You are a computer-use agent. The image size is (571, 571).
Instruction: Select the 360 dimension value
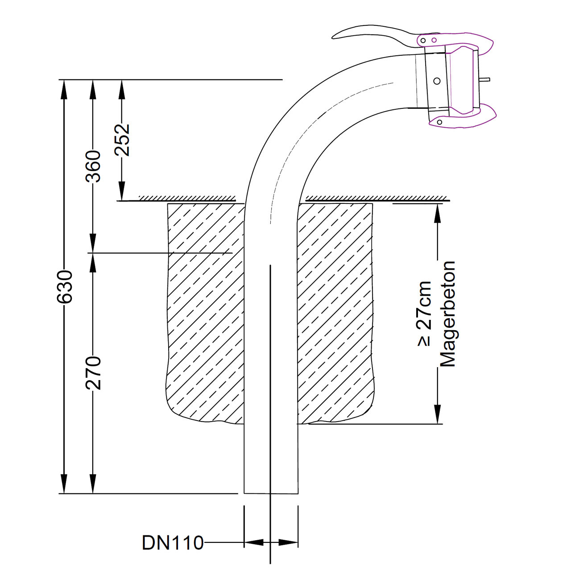coord(93,166)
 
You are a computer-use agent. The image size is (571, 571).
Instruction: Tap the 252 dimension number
coord(122,139)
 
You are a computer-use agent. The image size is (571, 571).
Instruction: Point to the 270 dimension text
coord(93,372)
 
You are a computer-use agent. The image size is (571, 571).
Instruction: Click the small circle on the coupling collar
coord(437,81)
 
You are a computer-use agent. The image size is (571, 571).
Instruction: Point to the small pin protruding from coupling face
coord(485,80)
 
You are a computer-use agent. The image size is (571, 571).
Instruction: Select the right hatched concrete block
coord(335,312)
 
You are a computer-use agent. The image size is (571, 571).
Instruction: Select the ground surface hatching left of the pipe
coord(187,198)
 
